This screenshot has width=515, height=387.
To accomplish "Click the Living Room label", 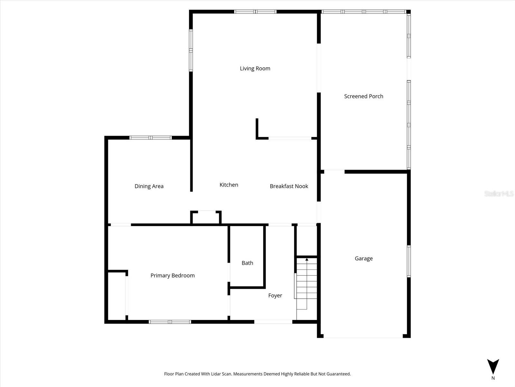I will coord(255,68).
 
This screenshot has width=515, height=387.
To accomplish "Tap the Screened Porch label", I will coord(363,96).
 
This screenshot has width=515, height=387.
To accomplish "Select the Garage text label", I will coord(363,258).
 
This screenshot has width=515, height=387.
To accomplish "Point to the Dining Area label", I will coord(149,186).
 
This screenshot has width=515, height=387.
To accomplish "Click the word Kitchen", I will coord(229,185).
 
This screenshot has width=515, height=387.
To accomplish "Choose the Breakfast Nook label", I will coord(289,186).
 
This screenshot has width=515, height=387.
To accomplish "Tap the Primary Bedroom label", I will coord(173,275).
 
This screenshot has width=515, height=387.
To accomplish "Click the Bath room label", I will coord(247,263).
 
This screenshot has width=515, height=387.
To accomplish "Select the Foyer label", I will coord(275,295).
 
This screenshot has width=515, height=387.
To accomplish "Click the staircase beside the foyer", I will coord(306,284).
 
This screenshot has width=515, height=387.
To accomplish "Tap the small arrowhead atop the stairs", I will coord(307,259).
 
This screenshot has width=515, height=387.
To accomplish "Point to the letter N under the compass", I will coord(493,378).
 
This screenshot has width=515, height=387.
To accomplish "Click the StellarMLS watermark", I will coord(499,193).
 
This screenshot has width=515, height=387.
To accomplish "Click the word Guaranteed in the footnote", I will coord(339,374).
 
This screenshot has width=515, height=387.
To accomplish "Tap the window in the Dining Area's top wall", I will coord(150,138).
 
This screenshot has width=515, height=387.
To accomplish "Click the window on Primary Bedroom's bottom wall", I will coord(170,322).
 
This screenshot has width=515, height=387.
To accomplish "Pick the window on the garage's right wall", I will coord(409,261).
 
